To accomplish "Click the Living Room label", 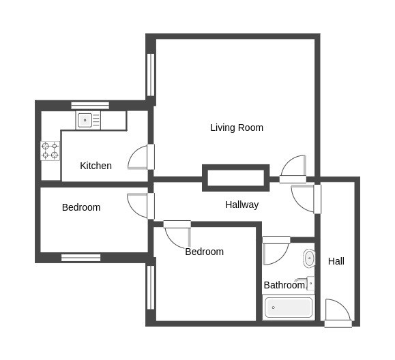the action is click(237, 127).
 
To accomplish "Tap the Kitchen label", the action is click(96, 166).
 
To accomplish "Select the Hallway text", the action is click(242, 205).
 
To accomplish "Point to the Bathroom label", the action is click(284, 285).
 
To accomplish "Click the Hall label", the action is click(336, 261).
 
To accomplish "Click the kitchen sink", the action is click(88, 120).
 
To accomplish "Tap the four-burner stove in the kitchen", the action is click(50, 151).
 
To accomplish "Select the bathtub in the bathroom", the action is click(289, 307).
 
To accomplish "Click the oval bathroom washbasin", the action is click(309, 258).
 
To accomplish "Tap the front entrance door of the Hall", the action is click(338, 313).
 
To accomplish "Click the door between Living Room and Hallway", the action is click(293, 168).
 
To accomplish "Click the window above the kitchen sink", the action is click(90, 106).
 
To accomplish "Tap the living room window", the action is click(150, 75).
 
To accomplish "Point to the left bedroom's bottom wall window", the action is click(81, 258).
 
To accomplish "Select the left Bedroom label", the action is click(81, 207).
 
